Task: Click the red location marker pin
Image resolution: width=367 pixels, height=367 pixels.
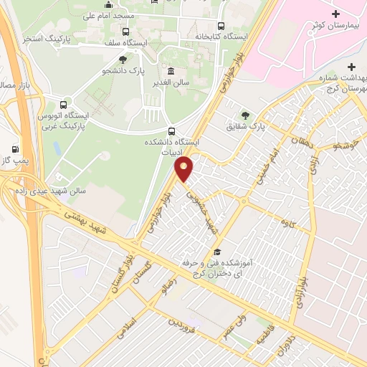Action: tap(184, 168)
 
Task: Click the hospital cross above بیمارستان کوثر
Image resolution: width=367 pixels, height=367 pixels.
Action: tap(336, 14)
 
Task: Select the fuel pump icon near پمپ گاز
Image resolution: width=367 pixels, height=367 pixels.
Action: tap(14, 149)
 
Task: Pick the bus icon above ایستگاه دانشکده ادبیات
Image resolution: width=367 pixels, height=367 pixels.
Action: tap(171, 131)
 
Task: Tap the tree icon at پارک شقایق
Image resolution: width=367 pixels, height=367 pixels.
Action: tap(246, 114)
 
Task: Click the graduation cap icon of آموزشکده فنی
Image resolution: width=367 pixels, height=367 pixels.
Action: tap(216, 252)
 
